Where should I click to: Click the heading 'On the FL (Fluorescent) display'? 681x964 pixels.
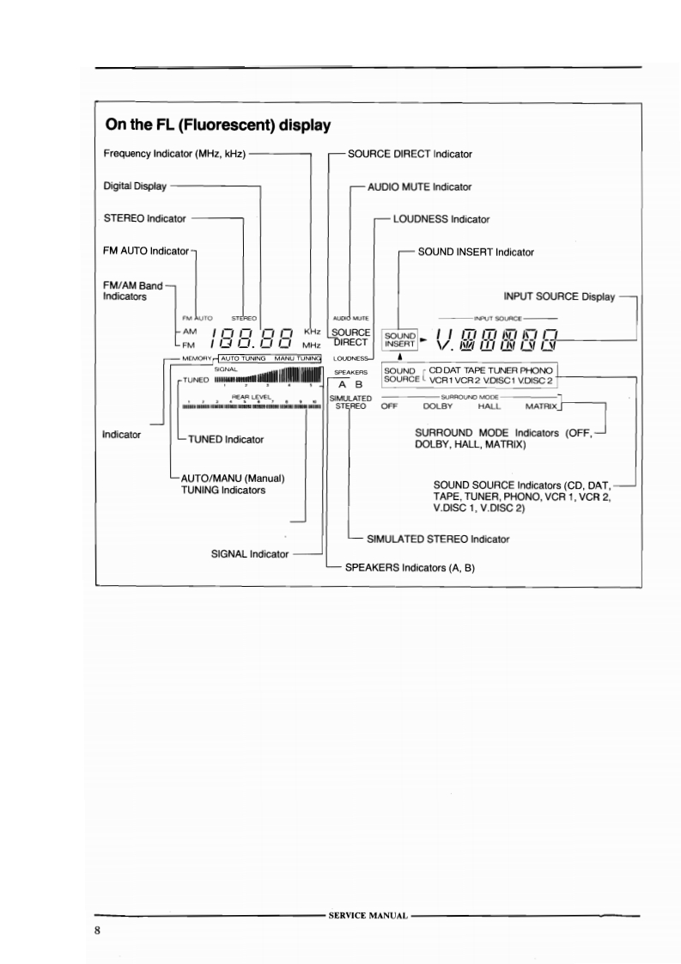coord(218,125)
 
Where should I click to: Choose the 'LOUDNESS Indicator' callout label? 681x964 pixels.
coord(441,219)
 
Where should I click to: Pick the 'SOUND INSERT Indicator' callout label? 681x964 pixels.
coord(476,252)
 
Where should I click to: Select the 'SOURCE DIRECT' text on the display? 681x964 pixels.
coord(350,337)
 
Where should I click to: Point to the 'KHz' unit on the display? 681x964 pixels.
coord(312,331)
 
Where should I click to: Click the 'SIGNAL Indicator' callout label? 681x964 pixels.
coord(250,554)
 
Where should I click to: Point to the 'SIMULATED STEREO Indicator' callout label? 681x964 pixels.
coord(438,539)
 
